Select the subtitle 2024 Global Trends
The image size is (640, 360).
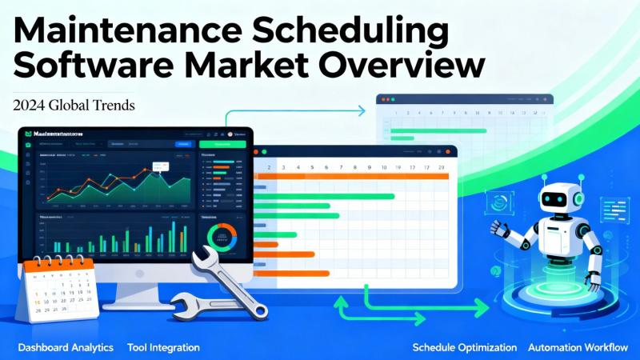[x=73, y=103]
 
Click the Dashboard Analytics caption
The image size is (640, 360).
[x=66, y=348]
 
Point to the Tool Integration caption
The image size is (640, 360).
[x=163, y=348]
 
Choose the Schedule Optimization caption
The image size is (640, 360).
[x=465, y=348]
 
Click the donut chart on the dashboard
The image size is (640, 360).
[x=222, y=238]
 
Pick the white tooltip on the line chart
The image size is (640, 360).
[x=161, y=167]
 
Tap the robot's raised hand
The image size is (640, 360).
[x=500, y=228]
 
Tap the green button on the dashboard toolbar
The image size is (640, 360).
[x=223, y=144]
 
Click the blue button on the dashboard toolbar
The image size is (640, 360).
[x=182, y=144]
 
